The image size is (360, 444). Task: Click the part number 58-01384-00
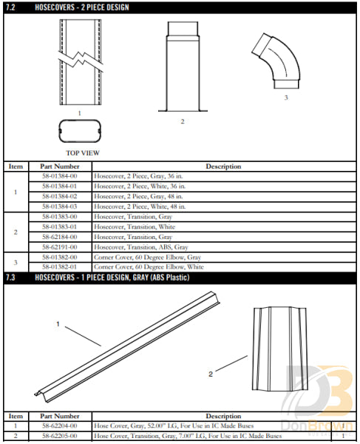click(60, 178)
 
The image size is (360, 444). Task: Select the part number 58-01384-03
click(60, 206)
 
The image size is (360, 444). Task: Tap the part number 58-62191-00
click(60, 246)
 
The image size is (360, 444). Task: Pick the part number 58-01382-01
click(60, 266)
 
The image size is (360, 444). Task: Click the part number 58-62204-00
click(60, 427)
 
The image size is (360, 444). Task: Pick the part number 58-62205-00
click(60, 437)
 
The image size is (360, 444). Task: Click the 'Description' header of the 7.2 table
click(223, 166)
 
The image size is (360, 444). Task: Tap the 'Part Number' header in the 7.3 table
click(60, 417)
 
